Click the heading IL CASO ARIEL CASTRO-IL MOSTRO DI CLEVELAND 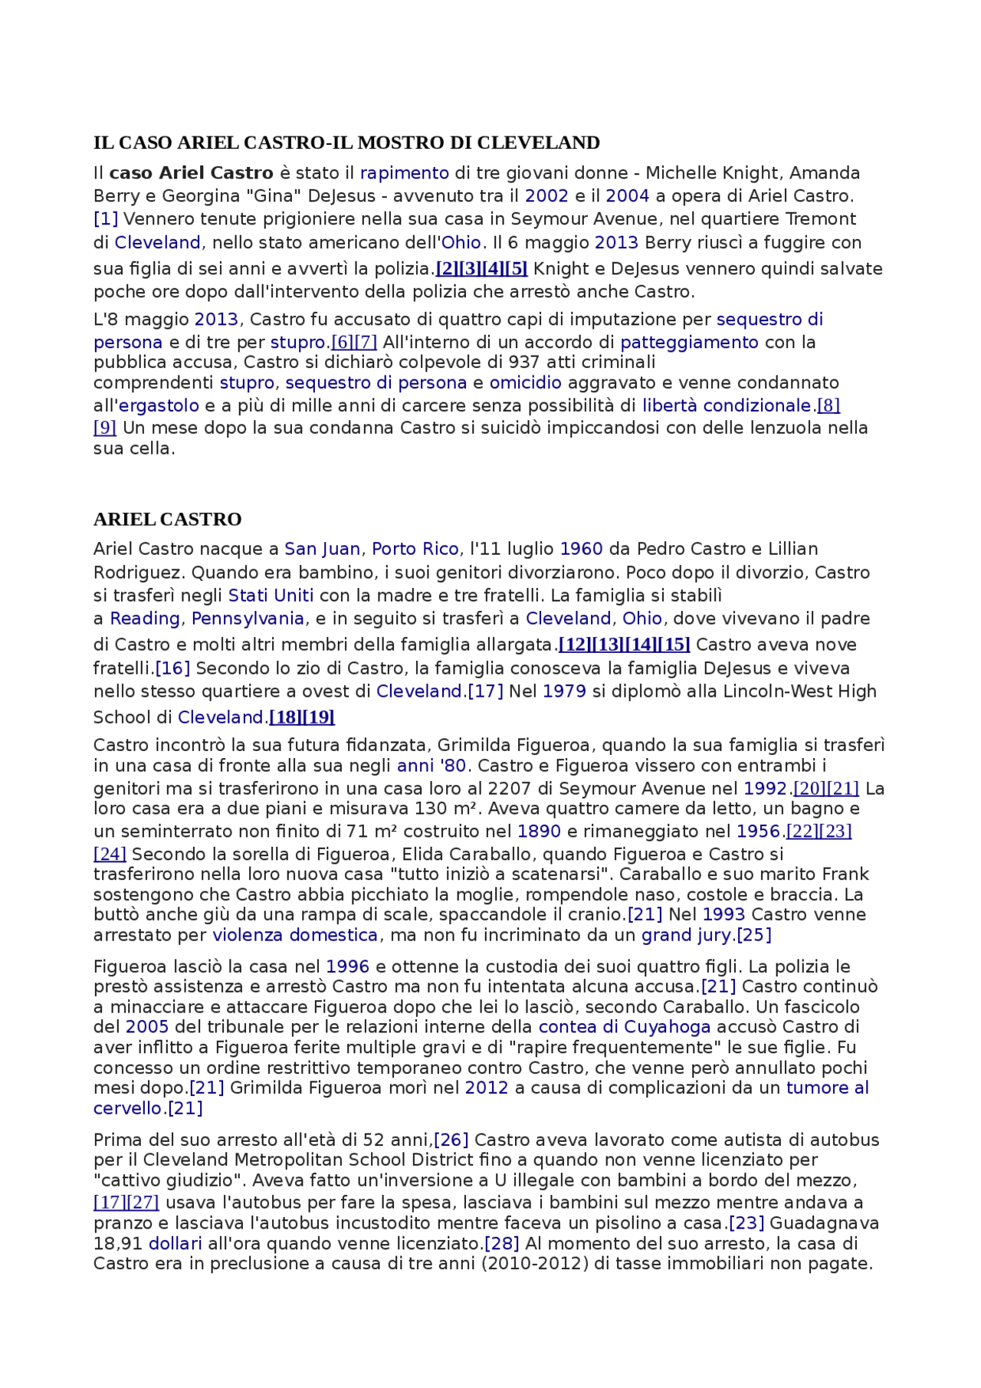click(346, 143)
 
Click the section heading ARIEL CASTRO click(167, 520)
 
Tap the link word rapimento click(404, 173)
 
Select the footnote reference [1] click(106, 219)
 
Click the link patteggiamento click(689, 343)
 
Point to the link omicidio click(525, 383)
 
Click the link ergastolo click(159, 406)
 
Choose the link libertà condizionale click(727, 406)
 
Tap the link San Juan click(322, 550)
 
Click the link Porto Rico click(415, 550)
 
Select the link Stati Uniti click(271, 596)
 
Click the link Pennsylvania click(248, 619)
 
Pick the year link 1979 click(564, 692)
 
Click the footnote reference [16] click(172, 669)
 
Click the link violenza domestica click(295, 936)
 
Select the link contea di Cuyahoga click(625, 1028)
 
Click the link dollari click(175, 1244)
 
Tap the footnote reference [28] click(502, 1244)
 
